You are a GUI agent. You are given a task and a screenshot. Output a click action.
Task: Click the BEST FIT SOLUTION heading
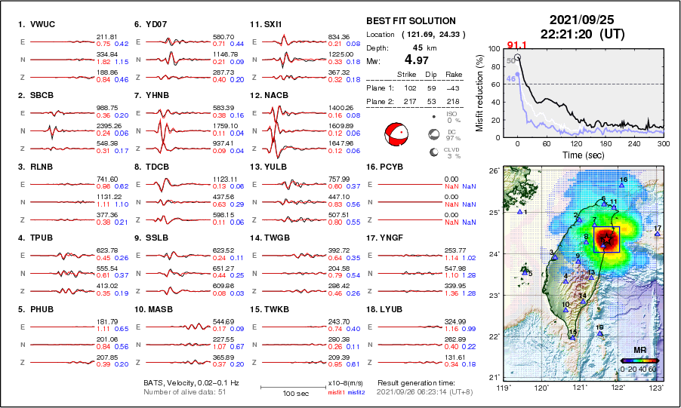pyautogui.click(x=410, y=21)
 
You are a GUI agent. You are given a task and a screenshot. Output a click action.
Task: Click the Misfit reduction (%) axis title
pyautogui.click(x=480, y=93)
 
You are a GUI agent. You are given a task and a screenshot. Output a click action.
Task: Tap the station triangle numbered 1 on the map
pyautogui.click(x=520, y=212)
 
